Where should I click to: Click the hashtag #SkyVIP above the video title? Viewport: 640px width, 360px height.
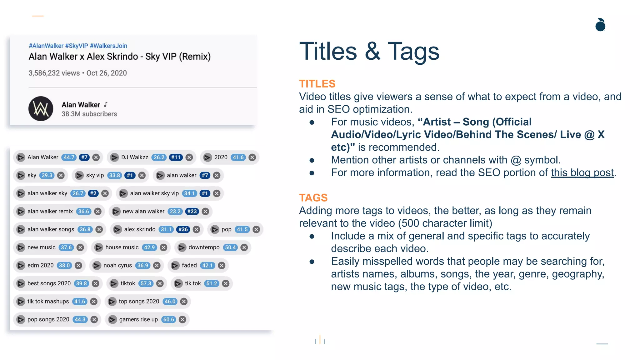coord(77,46)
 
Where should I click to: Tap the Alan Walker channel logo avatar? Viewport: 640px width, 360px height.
coord(41,109)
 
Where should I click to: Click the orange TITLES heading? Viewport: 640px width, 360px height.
coord(317,84)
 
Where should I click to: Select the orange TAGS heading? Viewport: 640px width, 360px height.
coord(313,198)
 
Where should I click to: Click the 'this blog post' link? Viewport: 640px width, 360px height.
coord(582,173)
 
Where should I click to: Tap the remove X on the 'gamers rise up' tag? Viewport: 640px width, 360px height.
coord(182,319)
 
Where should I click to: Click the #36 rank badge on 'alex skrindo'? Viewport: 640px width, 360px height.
coord(183,229)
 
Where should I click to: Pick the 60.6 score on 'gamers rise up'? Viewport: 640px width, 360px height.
coord(169,319)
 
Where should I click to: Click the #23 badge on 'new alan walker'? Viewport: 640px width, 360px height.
coord(192,212)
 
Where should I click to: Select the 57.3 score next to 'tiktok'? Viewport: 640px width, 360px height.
coord(146,283)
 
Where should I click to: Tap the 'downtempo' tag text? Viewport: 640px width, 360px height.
coord(204,247)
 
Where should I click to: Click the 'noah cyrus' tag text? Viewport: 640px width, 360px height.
coord(117,265)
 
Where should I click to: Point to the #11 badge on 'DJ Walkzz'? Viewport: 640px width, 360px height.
coord(176,157)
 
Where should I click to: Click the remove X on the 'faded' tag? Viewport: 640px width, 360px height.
coord(222,265)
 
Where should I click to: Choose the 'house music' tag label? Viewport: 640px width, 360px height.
coord(122,247)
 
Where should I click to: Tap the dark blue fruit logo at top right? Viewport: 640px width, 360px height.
coord(600,25)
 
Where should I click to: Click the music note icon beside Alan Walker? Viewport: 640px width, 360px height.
coord(106,104)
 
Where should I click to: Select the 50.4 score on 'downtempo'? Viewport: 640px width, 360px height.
coord(230,247)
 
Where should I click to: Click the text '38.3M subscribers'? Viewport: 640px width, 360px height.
coord(89,114)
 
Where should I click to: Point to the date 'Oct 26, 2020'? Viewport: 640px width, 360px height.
coord(107,73)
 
